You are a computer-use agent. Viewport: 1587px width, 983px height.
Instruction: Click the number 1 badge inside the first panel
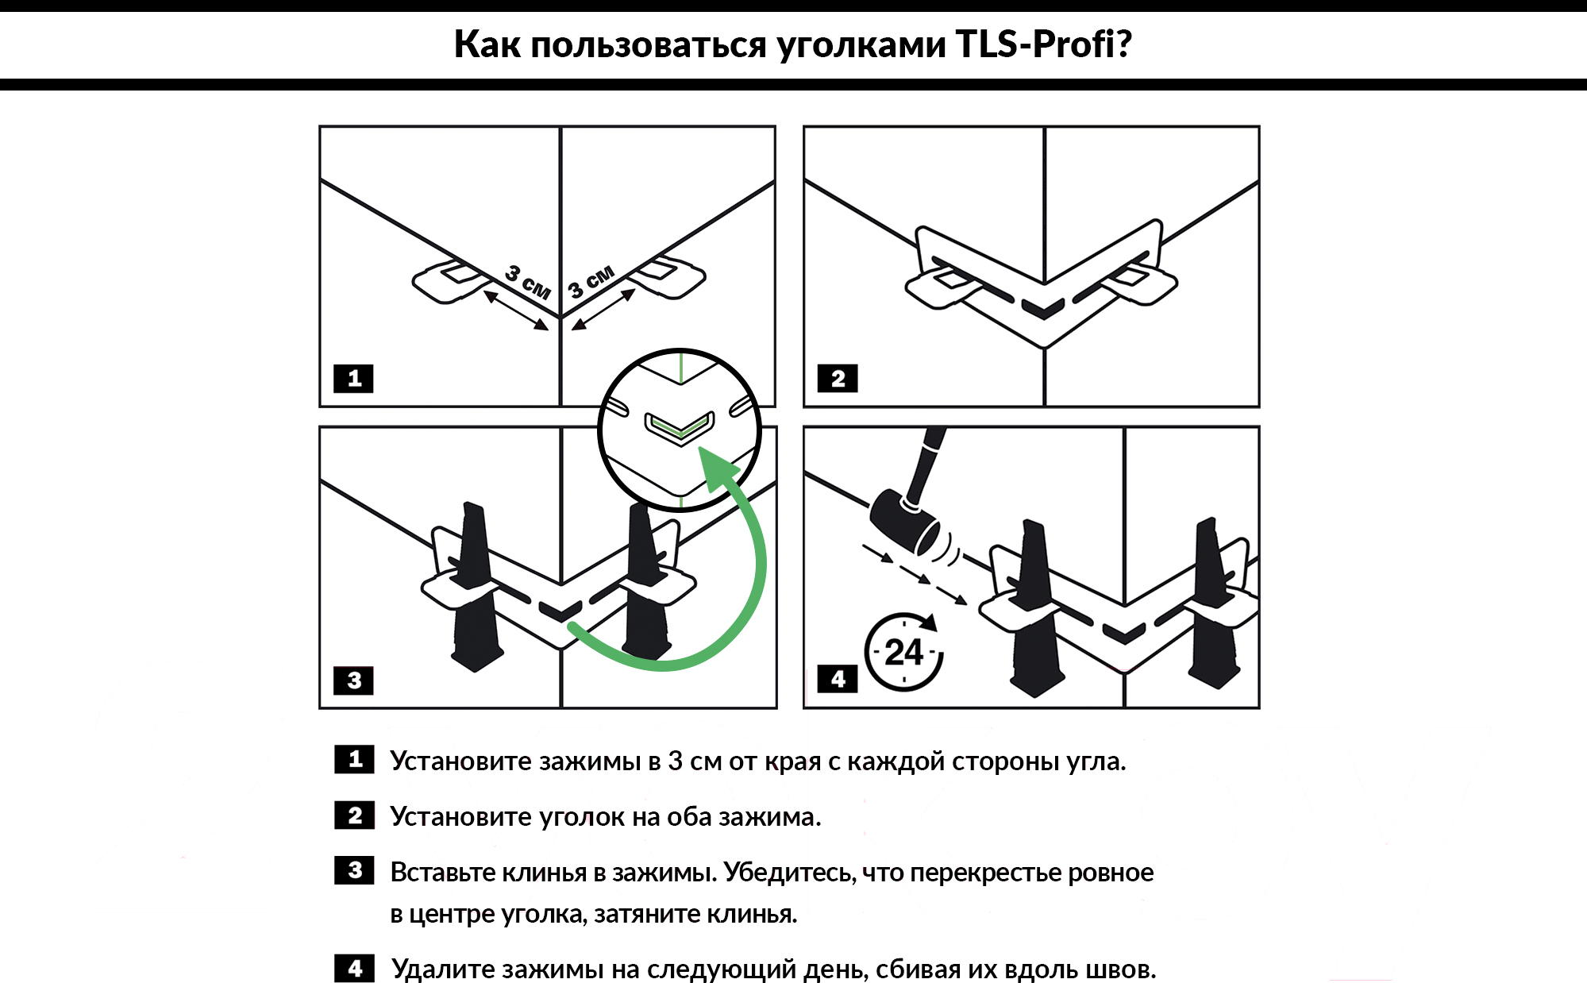pyautogui.click(x=354, y=379)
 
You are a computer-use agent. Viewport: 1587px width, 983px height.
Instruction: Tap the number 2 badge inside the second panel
pyautogui.click(x=838, y=379)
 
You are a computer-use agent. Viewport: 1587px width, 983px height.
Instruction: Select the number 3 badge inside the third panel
pyautogui.click(x=354, y=680)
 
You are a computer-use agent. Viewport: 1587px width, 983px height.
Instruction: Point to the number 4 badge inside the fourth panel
pyautogui.click(x=838, y=680)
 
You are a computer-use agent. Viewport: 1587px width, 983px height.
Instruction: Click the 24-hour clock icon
pyautogui.click(x=903, y=652)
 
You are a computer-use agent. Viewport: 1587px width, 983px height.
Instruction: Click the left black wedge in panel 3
pyautogui.click(x=475, y=588)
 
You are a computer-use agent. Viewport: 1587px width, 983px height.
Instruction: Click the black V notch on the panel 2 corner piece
pyautogui.click(x=1043, y=308)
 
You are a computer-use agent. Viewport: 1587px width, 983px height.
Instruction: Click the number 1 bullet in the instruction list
pyautogui.click(x=354, y=760)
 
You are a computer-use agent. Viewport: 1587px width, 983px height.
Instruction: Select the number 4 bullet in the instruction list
pyautogui.click(x=354, y=969)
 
